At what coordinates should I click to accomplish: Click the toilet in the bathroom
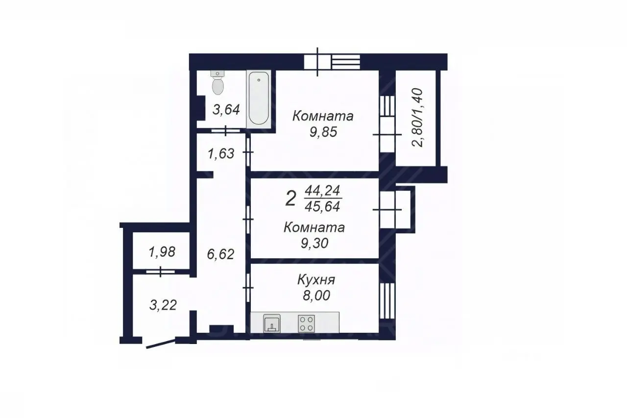pos(217,82)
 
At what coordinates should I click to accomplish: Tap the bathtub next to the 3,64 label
pos(259,99)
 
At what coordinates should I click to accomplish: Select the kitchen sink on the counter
pos(272,323)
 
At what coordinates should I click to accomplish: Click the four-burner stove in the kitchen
pos(307,323)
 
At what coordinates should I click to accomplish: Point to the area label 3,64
pos(226,109)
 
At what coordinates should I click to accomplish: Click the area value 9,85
pos(323,132)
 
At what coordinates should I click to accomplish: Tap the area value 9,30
pos(314,243)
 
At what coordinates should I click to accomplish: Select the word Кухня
pos(316,280)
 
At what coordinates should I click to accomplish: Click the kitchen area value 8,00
pos(316,295)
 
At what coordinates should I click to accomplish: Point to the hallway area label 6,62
pos(220,254)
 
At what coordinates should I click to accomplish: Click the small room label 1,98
pos(162,252)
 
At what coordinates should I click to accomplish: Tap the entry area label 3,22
pos(163,305)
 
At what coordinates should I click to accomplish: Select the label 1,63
pos(221,154)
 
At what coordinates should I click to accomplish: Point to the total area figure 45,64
pos(322,207)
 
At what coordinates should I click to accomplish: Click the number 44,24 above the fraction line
pos(322,191)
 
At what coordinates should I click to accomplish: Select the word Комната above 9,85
pos(323,116)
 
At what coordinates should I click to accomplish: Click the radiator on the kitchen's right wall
pos(387,301)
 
